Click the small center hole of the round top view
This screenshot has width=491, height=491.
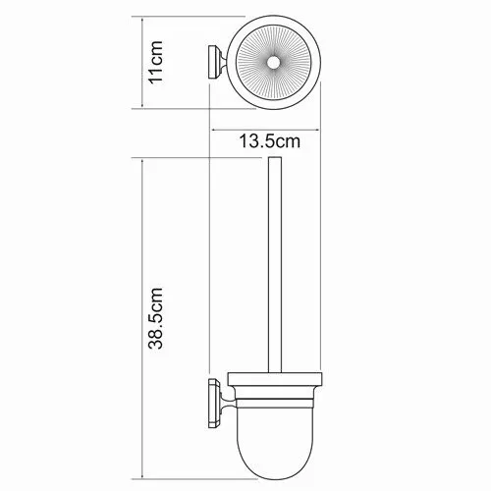[269, 66]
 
